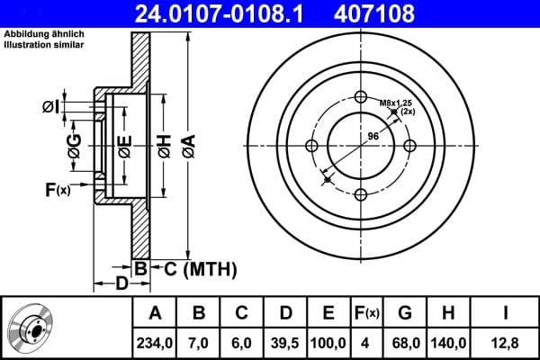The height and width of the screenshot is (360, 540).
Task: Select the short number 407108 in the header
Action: pos(402,14)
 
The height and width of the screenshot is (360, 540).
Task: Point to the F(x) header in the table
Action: pos(367,313)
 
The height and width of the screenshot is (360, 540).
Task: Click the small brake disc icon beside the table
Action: pos(33,328)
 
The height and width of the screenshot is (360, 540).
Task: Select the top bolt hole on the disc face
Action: pos(361,97)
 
